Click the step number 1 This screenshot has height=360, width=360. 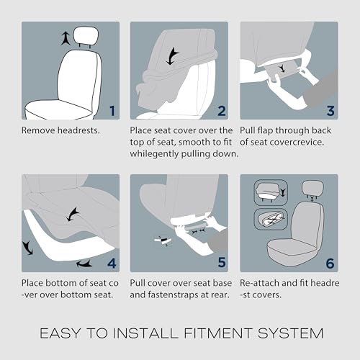[112, 111]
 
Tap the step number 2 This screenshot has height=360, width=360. [222, 111]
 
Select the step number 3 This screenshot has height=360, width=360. [330, 111]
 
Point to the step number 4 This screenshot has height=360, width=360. [112, 264]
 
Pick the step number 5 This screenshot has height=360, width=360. [222, 262]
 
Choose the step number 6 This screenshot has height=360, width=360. [330, 264]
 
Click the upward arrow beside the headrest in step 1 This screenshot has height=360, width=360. [66, 39]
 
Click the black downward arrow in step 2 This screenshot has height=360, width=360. [172, 56]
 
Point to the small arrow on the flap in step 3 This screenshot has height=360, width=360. [282, 68]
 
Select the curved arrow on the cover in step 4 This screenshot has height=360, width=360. [73, 215]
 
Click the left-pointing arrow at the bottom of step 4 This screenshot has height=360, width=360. [84, 264]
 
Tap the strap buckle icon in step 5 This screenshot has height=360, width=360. [163, 240]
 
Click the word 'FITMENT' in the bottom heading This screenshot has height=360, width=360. [218, 333]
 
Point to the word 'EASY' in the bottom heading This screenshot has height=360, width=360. [60, 333]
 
